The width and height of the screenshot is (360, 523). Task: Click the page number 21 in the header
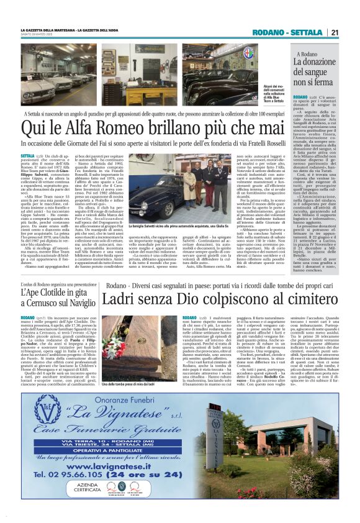[335, 32]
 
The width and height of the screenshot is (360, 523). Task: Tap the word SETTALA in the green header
[307, 32]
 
